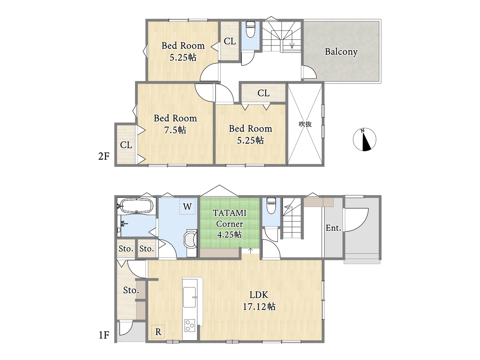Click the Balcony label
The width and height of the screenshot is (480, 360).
point(341,52)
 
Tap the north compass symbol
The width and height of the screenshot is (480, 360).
point(364,139)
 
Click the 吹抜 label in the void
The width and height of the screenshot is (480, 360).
point(305,124)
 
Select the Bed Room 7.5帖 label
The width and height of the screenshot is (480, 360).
point(175,124)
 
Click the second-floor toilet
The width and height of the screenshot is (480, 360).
point(250,29)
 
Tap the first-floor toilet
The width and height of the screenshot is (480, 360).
point(271,205)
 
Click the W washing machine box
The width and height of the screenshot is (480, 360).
point(187,206)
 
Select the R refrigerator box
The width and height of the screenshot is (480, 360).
point(158,331)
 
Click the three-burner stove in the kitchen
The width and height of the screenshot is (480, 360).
point(189,325)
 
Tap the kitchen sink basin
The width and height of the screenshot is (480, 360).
point(189,297)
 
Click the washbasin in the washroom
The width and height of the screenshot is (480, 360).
point(189,240)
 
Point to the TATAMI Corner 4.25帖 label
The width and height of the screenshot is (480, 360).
point(229,223)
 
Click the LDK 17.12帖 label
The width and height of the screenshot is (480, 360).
point(259,301)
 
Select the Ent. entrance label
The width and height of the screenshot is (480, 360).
point(333,228)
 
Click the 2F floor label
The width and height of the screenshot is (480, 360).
point(103,156)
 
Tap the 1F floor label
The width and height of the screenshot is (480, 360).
point(104,335)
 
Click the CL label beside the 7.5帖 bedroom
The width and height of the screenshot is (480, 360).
point(126,145)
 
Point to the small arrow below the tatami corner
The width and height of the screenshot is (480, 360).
point(250,250)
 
